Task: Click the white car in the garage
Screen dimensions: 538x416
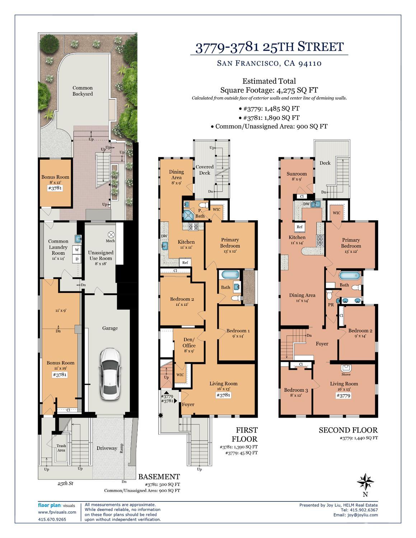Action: pyautogui.click(x=109, y=374)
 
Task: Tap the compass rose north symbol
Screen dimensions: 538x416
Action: pyautogui.click(x=365, y=482)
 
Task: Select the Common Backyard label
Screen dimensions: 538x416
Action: pyautogui.click(x=83, y=91)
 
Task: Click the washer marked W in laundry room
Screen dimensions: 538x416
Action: pyautogui.click(x=77, y=250)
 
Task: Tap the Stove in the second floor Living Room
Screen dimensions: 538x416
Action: pyautogui.click(x=346, y=369)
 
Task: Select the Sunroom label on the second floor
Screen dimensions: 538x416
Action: pyautogui.click(x=296, y=174)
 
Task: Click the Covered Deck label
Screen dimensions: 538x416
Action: pyautogui.click(x=204, y=170)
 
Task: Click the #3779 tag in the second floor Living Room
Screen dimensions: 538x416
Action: pyautogui.click(x=343, y=396)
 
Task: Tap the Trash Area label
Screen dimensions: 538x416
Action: pyautogui.click(x=61, y=448)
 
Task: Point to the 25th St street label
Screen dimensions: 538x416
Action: pyautogui.click(x=65, y=483)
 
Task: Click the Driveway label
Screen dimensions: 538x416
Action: pyautogui.click(x=107, y=448)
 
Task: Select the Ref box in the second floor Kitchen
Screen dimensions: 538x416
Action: pyautogui.click(x=299, y=227)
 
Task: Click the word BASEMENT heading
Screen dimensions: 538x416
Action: pyautogui.click(x=159, y=477)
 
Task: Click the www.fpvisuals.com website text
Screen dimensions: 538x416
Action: pyautogui.click(x=57, y=512)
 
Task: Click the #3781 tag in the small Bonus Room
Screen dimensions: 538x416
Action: pyautogui.click(x=55, y=188)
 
